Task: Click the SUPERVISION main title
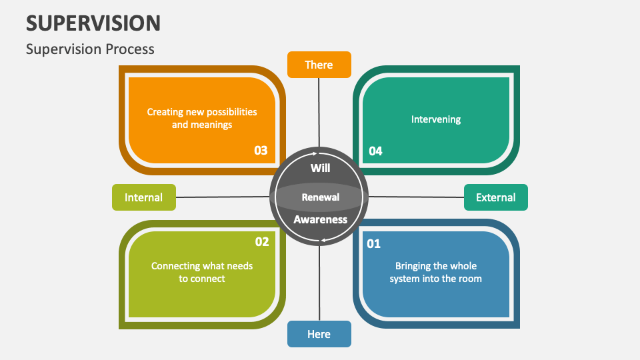[x=93, y=23]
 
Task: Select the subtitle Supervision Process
[x=90, y=49]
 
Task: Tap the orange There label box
[x=319, y=65]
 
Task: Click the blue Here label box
[x=319, y=334]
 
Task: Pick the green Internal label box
[x=143, y=197]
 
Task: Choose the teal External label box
[x=495, y=197]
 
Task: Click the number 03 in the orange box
[x=261, y=151]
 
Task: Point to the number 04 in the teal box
[x=375, y=151]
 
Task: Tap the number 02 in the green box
[x=261, y=242]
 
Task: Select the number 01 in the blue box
[x=374, y=244]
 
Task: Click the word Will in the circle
[x=320, y=168]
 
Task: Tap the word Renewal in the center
[x=320, y=197]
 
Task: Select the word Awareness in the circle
[x=320, y=219]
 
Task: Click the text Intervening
[x=435, y=119]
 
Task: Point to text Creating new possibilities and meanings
[x=202, y=118]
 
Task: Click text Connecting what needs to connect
[x=202, y=272]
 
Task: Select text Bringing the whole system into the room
[x=435, y=272]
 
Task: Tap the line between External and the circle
[x=416, y=197]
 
